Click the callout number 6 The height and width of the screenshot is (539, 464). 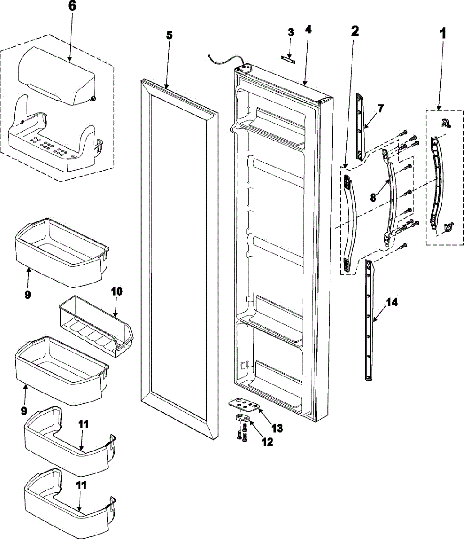72,7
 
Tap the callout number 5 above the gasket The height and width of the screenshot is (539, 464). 169,36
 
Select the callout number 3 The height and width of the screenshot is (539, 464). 291,32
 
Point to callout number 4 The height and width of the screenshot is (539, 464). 308,30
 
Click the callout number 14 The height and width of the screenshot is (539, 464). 392,303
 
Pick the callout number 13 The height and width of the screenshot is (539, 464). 277,428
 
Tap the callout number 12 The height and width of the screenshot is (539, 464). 267,442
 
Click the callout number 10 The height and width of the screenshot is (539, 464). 116,291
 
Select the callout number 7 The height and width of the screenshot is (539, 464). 380,108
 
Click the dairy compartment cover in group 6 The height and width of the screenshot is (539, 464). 56,76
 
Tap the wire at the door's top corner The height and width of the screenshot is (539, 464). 223,58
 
